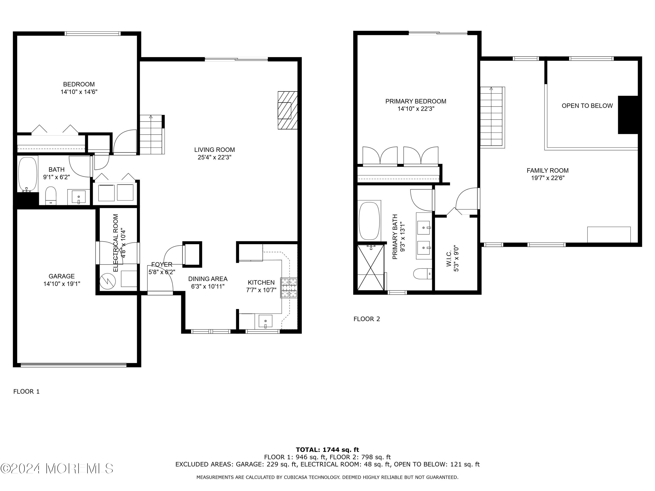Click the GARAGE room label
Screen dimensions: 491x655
(x=62, y=276)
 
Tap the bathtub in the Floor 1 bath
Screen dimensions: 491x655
(x=28, y=174)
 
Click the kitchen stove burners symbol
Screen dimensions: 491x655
(x=289, y=287)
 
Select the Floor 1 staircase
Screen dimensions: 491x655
(x=152, y=135)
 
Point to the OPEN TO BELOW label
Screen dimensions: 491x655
(x=587, y=106)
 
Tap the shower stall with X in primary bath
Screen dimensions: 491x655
(x=371, y=267)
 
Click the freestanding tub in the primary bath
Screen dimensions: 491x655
(x=369, y=221)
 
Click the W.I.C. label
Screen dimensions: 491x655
(x=449, y=258)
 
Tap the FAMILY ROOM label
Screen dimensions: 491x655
(x=547, y=170)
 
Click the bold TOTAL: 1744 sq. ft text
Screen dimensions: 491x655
(x=327, y=450)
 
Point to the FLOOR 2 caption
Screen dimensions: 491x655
(x=366, y=319)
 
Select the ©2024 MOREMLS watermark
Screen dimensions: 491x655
(x=57, y=469)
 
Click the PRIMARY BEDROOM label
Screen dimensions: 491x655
(x=415, y=101)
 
